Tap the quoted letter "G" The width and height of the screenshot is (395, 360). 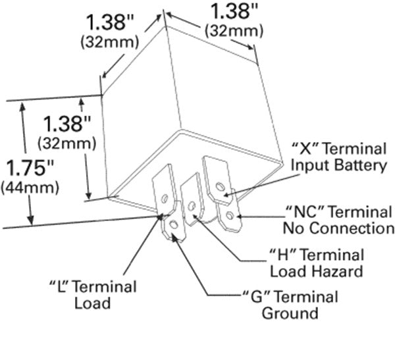pos(250,296)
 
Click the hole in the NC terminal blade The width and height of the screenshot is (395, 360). pos(228,214)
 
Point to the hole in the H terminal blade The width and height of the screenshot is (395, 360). pos(191,206)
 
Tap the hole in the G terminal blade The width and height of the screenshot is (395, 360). pos(172,226)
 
